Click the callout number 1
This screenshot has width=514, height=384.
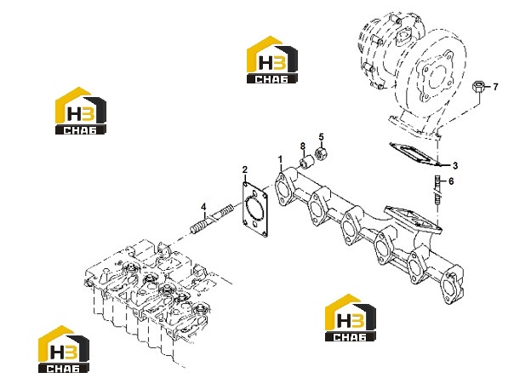(280, 160)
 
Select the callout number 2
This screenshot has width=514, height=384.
(245, 169)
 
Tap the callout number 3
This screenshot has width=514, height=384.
(455, 166)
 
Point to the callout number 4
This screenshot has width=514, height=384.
(203, 207)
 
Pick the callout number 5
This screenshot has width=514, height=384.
(321, 136)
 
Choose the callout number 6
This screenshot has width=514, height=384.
(451, 181)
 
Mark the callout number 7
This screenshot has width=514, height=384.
(495, 87)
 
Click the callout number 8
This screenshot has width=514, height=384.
(303, 146)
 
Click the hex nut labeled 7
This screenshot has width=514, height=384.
(477, 87)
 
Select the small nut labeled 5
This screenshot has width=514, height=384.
(320, 153)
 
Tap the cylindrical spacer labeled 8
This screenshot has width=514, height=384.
(307, 162)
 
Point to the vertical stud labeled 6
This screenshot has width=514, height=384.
(437, 191)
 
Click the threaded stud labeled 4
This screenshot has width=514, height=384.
(212, 219)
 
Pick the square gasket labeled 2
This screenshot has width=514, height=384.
(255, 209)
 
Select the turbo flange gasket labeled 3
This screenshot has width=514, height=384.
(414, 154)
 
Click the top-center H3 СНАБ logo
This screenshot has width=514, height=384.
(272, 60)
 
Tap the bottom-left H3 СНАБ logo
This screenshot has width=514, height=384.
(64, 349)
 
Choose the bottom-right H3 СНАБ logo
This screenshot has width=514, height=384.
(351, 318)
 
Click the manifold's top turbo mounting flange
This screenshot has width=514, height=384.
(413, 218)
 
